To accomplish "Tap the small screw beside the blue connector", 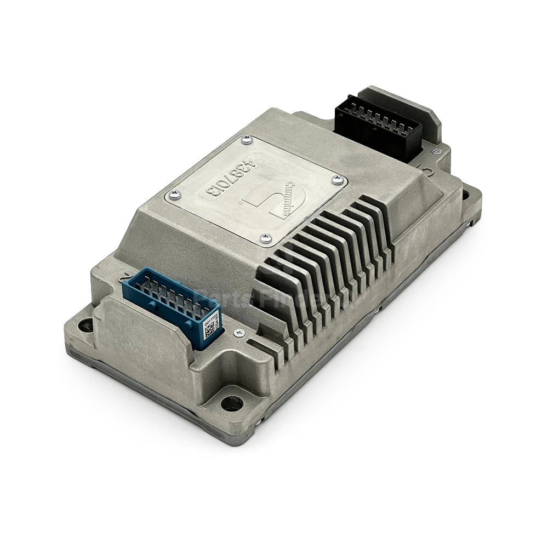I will tap(237, 332).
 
